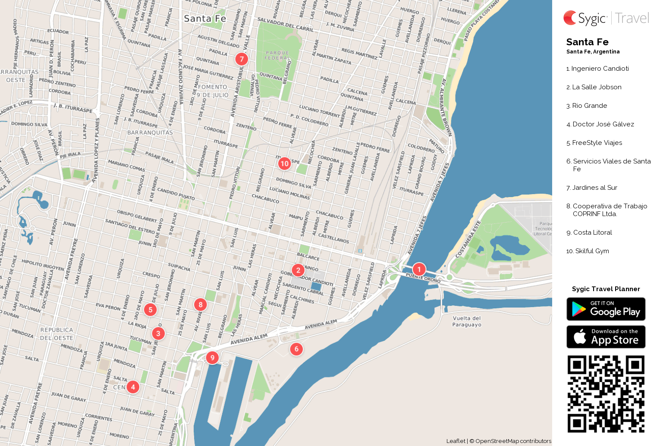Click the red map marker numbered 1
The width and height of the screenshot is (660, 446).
[419, 269]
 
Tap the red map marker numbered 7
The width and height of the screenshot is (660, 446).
[242, 59]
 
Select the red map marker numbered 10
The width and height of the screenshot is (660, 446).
[284, 163]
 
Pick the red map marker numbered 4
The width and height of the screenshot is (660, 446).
[133, 387]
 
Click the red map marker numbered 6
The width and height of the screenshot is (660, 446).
[296, 349]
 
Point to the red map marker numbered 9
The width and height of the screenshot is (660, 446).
[212, 358]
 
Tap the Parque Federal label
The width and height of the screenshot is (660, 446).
[277, 55]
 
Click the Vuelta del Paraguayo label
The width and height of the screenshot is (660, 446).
[467, 321]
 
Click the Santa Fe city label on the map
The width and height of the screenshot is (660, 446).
[205, 19]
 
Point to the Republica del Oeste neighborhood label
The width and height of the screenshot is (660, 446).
[57, 334]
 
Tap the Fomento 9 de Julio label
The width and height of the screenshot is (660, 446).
[213, 91]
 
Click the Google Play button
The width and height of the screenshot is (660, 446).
[606, 309]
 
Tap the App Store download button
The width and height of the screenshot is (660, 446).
[606, 337]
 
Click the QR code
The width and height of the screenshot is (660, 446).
[606, 394]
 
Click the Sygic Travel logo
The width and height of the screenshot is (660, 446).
[606, 18]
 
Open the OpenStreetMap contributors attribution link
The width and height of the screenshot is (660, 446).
[513, 441]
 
